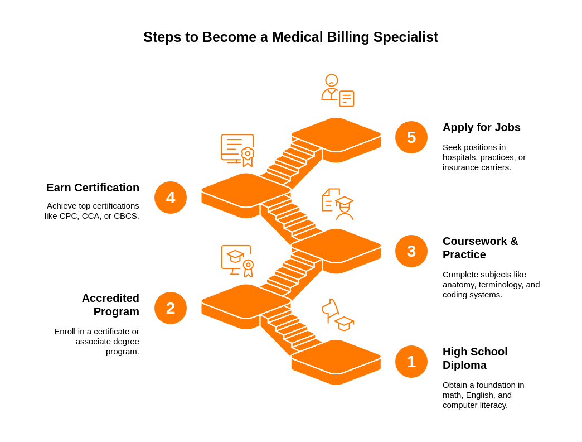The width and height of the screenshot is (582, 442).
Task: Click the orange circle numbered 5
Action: point(411,137)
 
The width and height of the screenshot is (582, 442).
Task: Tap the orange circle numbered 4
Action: point(171,198)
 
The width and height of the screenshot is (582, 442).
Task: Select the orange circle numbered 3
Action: point(411,251)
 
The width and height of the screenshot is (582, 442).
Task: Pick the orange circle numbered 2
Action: point(171,308)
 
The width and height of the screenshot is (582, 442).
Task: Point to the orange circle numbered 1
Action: point(411,362)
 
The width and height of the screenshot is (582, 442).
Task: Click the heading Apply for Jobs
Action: point(481,127)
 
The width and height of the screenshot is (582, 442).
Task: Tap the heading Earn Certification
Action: point(93,188)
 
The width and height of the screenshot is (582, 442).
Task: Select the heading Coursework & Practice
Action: point(480,248)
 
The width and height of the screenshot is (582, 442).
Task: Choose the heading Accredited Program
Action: point(110,305)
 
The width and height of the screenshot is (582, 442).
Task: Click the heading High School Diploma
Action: point(475,358)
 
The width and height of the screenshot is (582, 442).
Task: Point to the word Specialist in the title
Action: point(405,37)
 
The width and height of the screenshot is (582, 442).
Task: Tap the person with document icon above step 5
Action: point(337,90)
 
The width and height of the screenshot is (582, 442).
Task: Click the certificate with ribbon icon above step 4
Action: point(237,150)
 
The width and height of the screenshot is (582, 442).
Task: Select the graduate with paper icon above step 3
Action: point(338,204)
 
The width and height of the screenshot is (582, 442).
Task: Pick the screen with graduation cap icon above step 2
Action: point(237,261)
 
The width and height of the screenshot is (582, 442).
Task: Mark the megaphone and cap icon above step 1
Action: point(337,315)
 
